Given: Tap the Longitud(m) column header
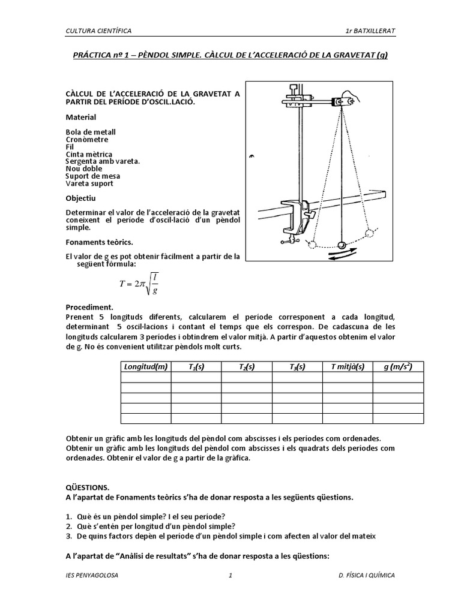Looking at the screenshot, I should [145, 366].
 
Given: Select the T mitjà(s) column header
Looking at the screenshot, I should [348, 366].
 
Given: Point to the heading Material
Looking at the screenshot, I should [80, 117].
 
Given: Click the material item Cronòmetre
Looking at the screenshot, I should [88, 139].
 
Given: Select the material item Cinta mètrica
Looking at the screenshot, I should [89, 154].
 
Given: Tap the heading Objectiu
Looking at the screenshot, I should [80, 198].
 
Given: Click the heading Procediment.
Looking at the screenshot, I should [89, 306].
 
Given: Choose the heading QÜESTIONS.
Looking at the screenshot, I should [88, 488].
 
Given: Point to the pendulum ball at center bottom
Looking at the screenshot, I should [342, 245].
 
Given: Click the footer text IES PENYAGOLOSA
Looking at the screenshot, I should [92, 576].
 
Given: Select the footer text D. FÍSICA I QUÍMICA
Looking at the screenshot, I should [366, 576].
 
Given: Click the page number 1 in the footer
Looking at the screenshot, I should [230, 576].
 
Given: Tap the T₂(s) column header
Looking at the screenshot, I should [247, 366].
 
